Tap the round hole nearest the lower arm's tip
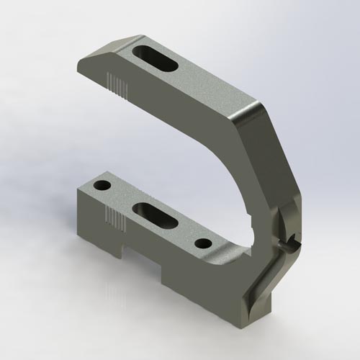[x=103, y=186]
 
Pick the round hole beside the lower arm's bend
[x=204, y=243]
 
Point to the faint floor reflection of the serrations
[x=112, y=295]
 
